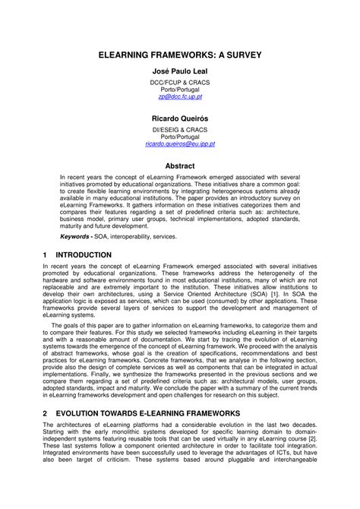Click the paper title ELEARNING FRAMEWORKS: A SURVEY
point(180,56)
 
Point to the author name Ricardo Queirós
point(180,120)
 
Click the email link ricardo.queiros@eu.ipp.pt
point(180,143)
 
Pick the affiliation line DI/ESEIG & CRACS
point(180,127)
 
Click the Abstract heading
point(180,165)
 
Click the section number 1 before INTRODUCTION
point(46,254)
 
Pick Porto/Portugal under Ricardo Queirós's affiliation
point(180,135)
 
